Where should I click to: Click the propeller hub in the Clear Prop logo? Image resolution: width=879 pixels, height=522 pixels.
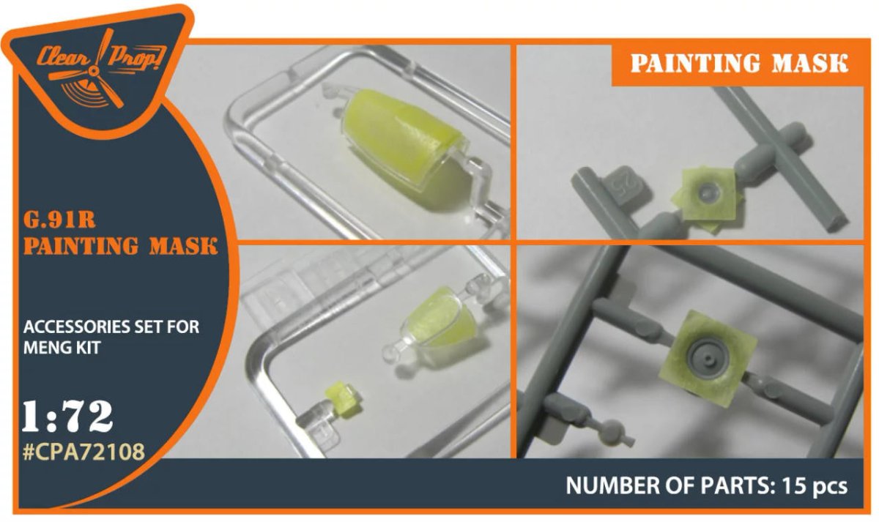(x=94, y=71)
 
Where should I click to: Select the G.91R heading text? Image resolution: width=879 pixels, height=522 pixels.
(x=59, y=220)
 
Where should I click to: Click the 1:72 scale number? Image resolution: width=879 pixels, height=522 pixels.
(x=68, y=417)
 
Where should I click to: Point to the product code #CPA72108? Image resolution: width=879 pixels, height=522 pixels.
(x=84, y=452)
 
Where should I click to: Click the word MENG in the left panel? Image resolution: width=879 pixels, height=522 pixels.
(x=46, y=348)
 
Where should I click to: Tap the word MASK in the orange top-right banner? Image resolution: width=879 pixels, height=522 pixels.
(x=810, y=64)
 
